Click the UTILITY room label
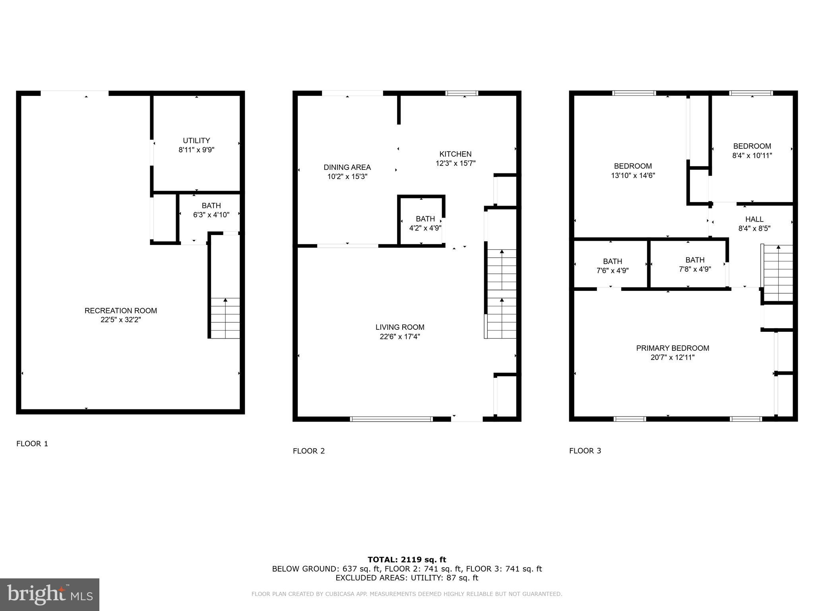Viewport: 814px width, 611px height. click(x=196, y=140)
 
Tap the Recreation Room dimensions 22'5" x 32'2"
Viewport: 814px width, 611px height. click(x=121, y=320)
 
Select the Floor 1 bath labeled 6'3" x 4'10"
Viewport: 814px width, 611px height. click(x=211, y=210)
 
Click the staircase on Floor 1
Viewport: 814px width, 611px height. click(x=225, y=318)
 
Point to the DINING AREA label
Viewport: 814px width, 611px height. click(x=347, y=167)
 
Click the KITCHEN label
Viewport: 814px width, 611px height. click(x=455, y=154)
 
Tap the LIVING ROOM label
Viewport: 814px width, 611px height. click(x=400, y=327)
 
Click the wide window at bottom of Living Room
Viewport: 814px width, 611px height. click(x=391, y=419)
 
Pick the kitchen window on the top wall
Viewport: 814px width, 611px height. click(x=461, y=93)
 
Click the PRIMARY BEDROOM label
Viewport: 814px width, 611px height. click(x=673, y=348)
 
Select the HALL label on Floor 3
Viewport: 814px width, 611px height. click(x=754, y=219)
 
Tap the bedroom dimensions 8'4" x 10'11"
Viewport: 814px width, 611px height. click(x=752, y=156)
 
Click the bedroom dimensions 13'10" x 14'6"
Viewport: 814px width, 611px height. click(x=633, y=175)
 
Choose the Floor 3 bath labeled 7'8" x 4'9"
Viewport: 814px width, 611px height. click(x=695, y=265)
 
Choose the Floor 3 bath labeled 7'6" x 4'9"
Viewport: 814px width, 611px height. click(x=612, y=266)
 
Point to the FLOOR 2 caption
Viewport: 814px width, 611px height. click(x=309, y=451)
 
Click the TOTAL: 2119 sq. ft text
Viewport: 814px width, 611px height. click(x=407, y=560)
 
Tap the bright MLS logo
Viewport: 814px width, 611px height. click(x=50, y=594)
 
